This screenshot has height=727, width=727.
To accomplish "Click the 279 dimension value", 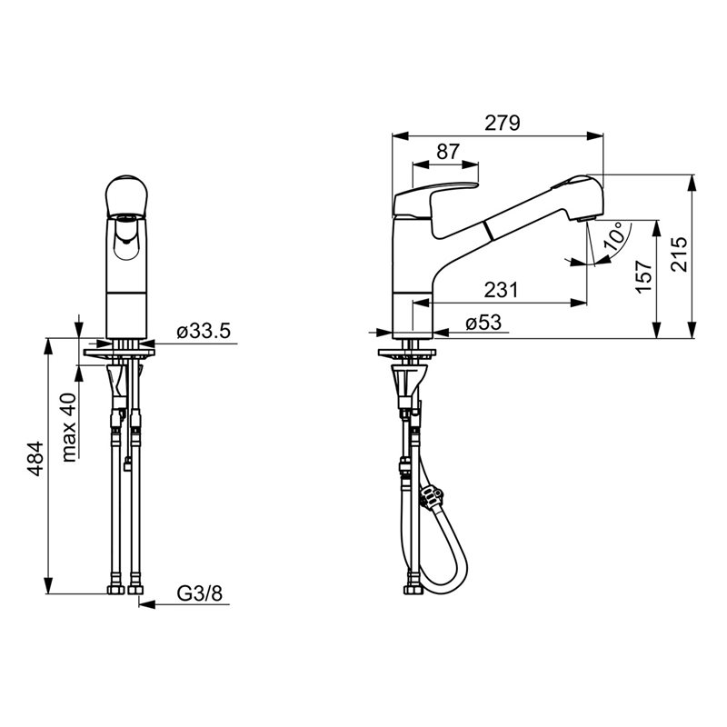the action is coord(503,123).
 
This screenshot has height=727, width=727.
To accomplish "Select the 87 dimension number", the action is coord(448,152).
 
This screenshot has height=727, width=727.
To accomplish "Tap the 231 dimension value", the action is coord(501,290).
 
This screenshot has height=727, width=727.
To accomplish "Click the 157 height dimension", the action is coord(644,277).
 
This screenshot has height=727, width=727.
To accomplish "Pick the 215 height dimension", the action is coord(680,254).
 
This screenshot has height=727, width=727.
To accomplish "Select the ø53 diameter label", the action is coord(483,323).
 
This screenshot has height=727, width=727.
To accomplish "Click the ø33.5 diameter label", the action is coord(203,332).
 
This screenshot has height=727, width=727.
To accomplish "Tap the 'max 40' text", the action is coord(69,427).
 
